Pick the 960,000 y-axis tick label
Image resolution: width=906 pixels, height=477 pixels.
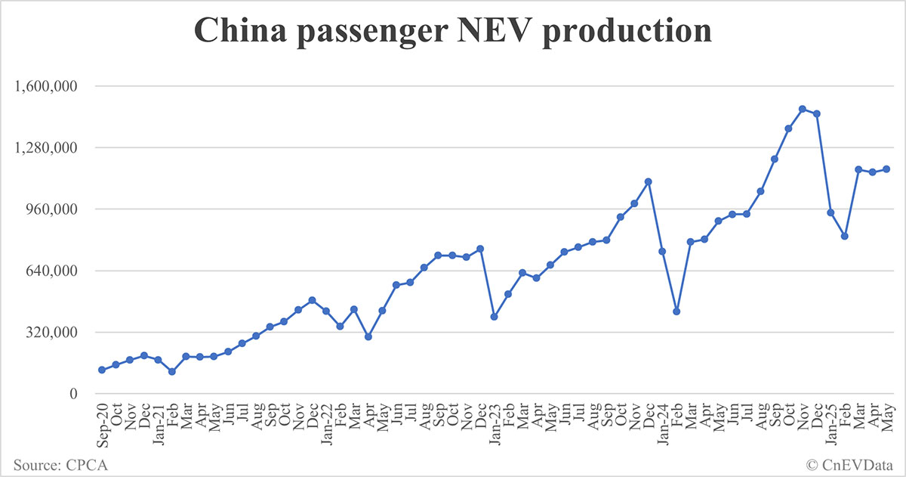click(x=53, y=209)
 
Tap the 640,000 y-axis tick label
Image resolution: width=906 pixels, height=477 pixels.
click(x=53, y=271)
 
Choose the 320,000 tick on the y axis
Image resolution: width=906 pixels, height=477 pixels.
click(x=53, y=333)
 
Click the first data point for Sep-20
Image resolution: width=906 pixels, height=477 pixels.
click(x=102, y=370)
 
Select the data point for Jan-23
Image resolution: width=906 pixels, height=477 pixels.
click(x=494, y=317)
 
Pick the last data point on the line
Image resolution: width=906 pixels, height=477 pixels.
click(x=886, y=169)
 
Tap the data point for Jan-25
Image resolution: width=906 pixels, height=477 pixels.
click(x=830, y=212)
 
